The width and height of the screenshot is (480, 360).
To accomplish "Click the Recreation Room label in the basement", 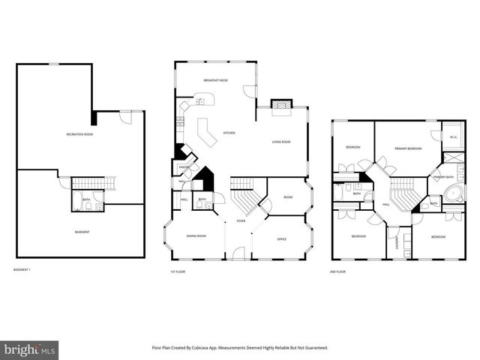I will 79,134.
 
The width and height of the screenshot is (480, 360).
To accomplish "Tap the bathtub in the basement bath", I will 78,199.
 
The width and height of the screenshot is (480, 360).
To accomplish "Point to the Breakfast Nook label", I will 215,79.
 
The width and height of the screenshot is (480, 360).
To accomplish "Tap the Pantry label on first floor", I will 183,166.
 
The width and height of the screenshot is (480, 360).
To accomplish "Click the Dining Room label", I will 196,236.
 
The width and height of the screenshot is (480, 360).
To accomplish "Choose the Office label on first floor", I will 282,238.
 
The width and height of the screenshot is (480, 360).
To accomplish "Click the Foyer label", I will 241,221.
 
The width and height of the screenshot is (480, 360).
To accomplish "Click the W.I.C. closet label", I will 454,136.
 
